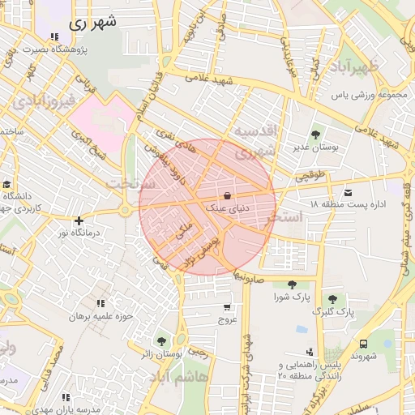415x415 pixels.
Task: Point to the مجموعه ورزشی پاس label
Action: coord(367,95)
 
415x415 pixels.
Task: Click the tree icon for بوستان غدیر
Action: coord(314,135)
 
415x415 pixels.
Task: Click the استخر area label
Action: coord(302,217)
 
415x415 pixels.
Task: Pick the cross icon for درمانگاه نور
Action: coord(78,220)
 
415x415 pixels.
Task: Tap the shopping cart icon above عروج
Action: coord(226,307)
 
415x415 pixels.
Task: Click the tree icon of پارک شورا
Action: coord(291,285)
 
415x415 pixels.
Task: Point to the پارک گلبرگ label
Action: coord(333,312)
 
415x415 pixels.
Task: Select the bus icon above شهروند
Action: coord(363,344)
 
